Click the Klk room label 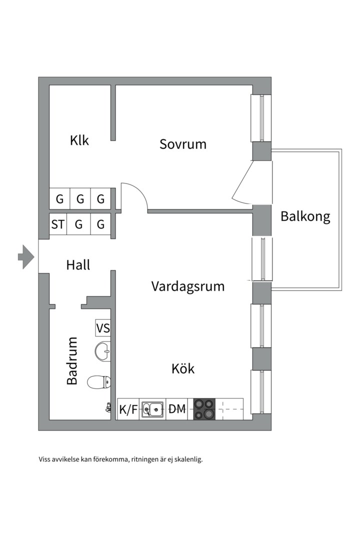click(79, 140)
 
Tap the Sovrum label click(183, 144)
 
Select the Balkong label click(305, 216)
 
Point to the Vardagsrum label click(188, 286)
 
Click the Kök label click(183, 369)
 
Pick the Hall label click(78, 264)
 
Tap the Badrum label click(72, 360)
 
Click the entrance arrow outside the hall click(26, 257)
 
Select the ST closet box click(58, 224)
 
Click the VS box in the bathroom click(103, 328)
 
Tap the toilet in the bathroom click(98, 382)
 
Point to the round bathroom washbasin click(102, 351)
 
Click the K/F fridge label click(128, 410)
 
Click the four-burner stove click(204, 409)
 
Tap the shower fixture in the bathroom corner click(108, 408)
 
